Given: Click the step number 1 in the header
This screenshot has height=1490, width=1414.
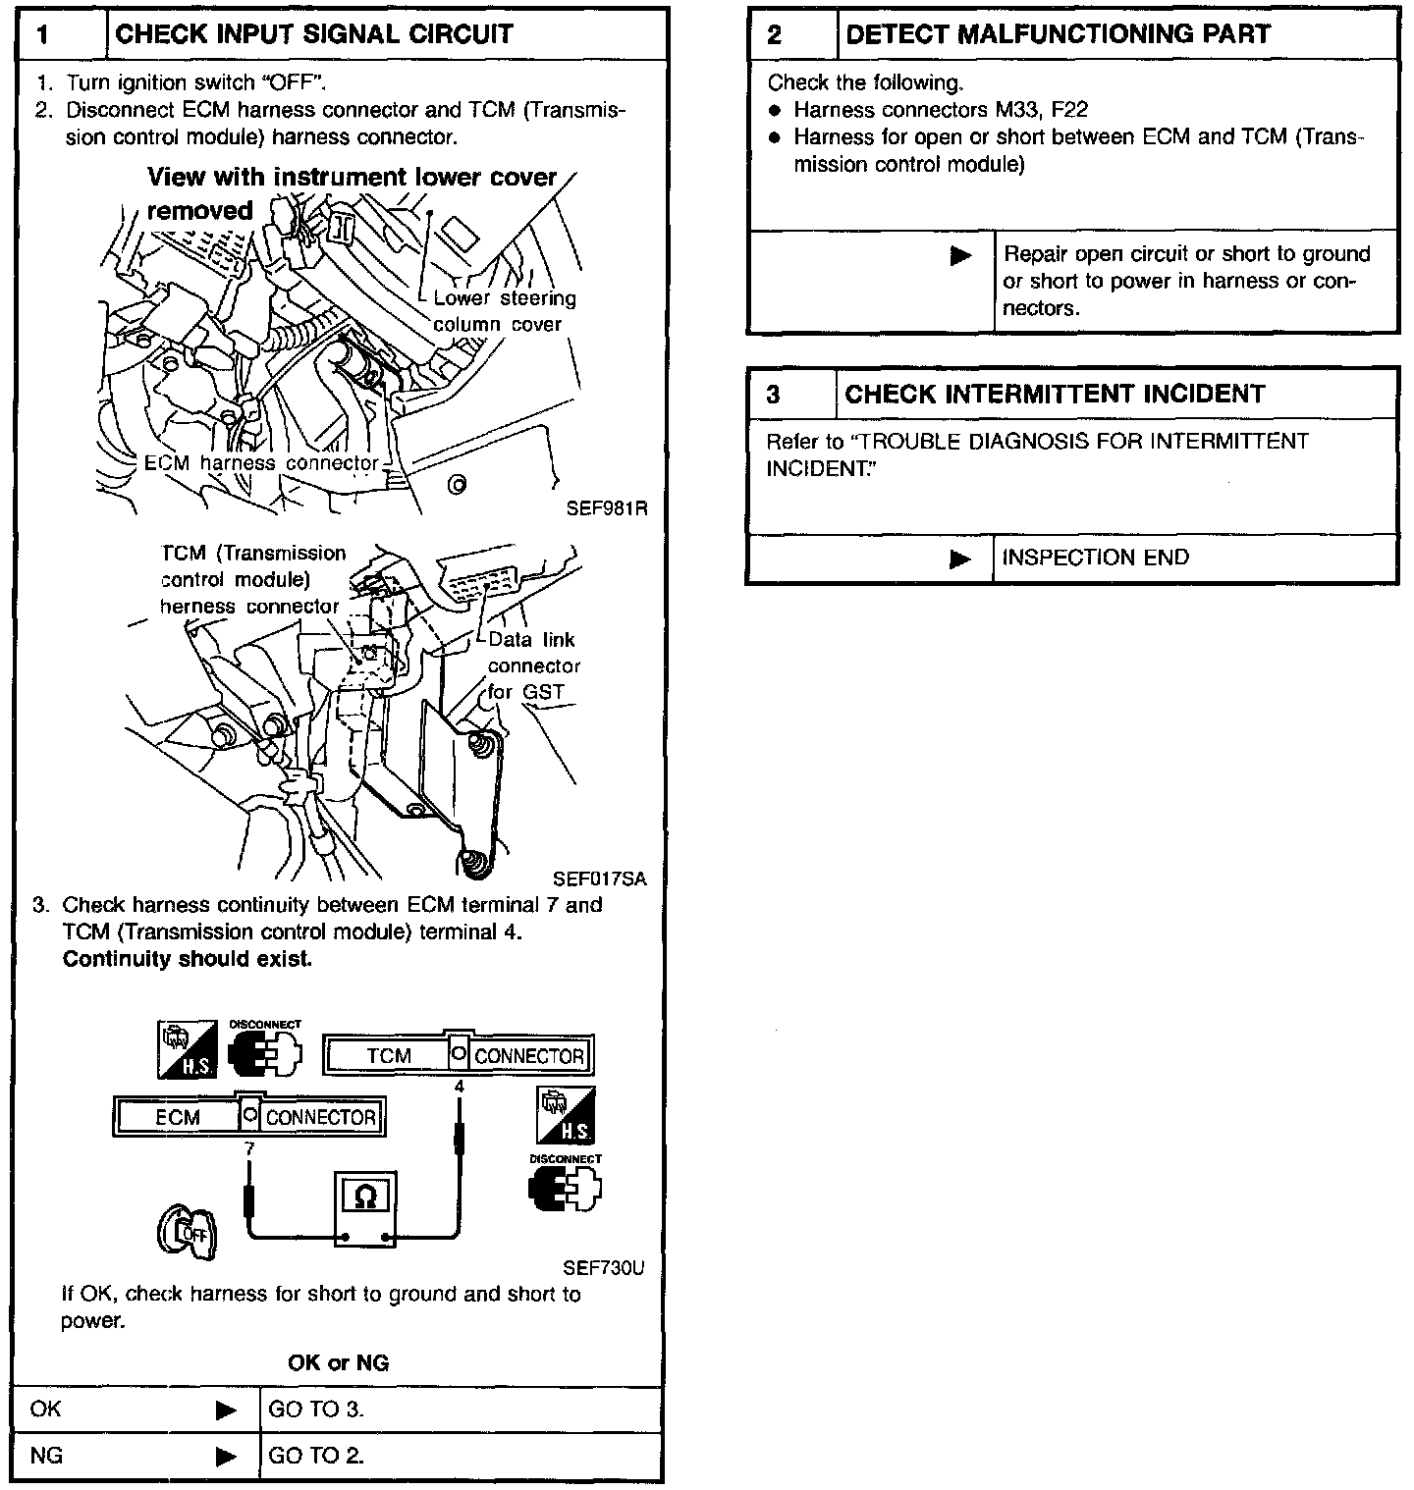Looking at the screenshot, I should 43,35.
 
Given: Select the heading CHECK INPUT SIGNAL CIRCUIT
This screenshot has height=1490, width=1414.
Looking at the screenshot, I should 314,35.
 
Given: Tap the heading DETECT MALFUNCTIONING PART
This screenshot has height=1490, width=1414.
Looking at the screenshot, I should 1058,35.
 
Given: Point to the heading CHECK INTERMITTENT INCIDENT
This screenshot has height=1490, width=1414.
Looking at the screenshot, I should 1055,395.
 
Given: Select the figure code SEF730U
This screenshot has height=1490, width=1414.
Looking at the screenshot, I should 603,1268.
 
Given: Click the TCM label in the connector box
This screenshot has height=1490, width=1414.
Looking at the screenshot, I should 389,1056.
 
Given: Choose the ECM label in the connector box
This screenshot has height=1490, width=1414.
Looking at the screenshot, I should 177,1118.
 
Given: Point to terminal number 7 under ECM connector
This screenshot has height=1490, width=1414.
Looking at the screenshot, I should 249,1147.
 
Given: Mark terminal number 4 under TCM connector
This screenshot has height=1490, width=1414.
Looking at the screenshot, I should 459,1088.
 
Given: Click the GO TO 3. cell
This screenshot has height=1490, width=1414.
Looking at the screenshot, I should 316,1410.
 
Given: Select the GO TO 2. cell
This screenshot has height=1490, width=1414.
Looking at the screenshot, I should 316,1456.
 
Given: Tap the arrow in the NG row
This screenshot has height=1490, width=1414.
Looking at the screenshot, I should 226,1456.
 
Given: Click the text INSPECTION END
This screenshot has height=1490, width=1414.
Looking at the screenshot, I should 1095,558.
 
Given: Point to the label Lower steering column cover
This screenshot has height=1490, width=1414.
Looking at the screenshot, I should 503,311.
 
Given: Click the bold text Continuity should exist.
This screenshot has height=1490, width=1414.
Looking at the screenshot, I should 187,959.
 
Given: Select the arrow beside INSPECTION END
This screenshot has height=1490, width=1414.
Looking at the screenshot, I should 960,559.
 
